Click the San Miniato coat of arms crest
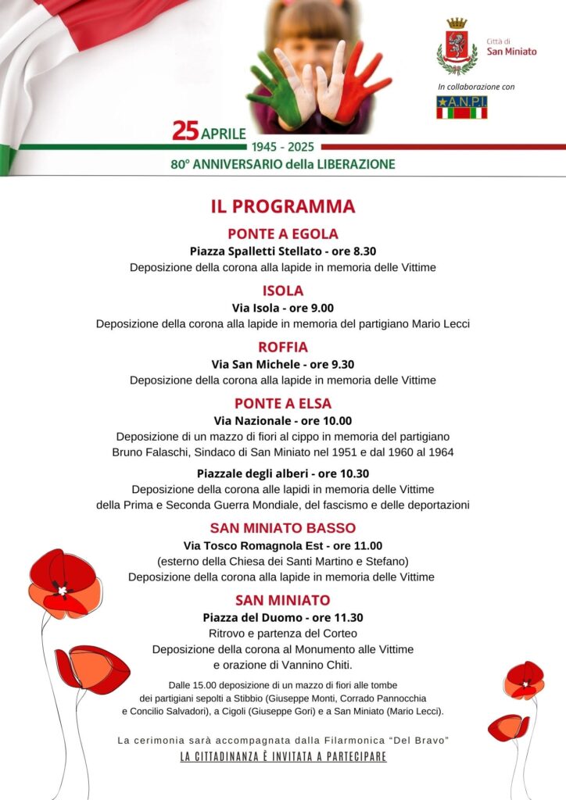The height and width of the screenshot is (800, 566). (457, 47)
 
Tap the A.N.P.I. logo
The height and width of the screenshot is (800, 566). (461, 107)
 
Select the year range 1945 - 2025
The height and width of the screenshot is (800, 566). (282, 147)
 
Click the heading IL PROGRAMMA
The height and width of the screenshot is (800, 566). (282, 206)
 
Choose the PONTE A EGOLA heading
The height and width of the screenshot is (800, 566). (282, 234)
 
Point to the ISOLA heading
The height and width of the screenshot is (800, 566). (282, 291)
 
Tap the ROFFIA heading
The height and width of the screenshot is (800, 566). (282, 347)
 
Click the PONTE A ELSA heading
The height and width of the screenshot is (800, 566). (282, 403)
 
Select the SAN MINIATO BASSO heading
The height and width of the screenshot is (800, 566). (282, 527)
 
